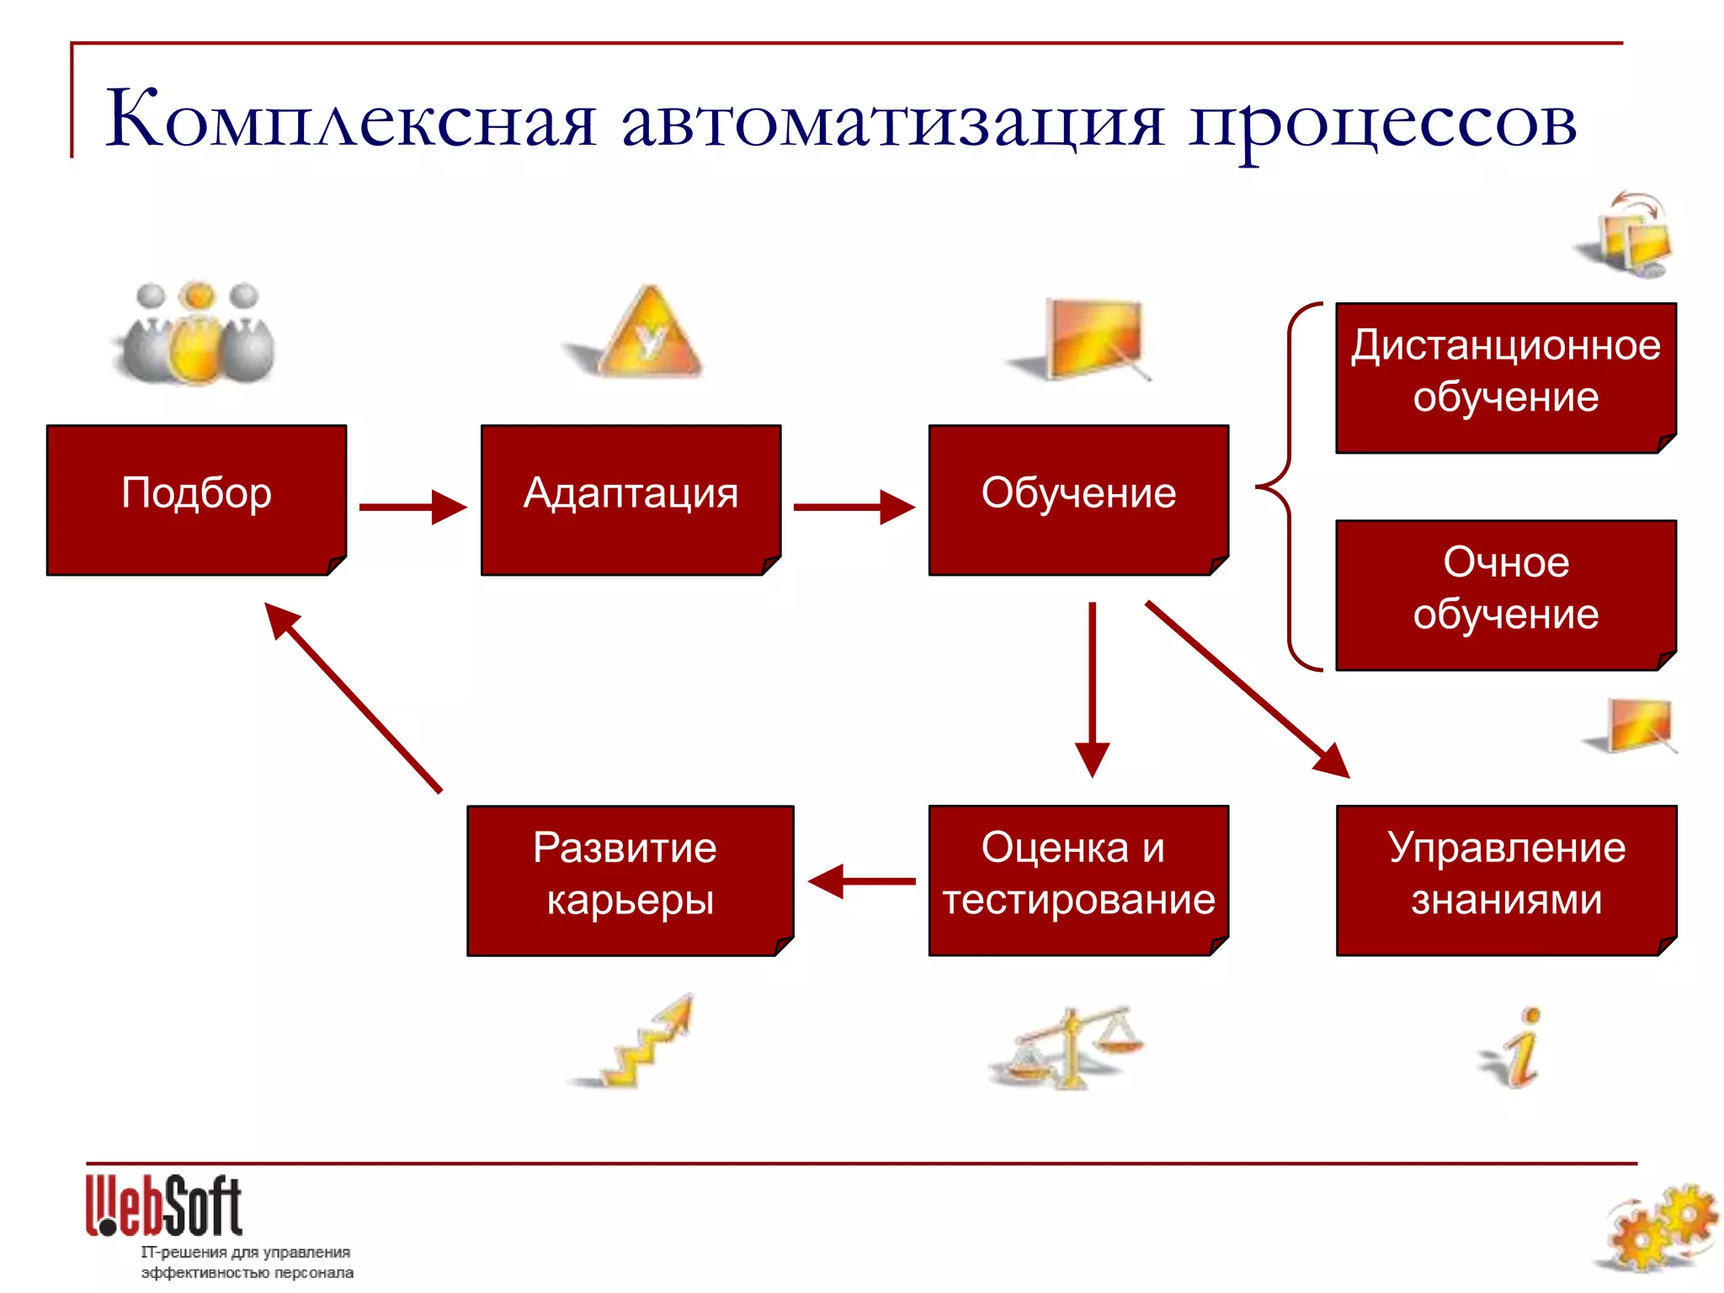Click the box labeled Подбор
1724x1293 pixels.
coord(196,499)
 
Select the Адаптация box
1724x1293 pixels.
coord(631,499)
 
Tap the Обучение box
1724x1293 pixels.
coord(1078,499)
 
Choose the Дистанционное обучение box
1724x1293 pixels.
coord(1506,377)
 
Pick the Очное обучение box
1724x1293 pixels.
coord(1506,594)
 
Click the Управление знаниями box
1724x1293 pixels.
coord(1506,880)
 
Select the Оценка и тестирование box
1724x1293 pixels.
coord(1078,880)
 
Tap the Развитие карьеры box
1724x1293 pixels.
coord(630,880)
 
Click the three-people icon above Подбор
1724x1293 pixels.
coord(197,333)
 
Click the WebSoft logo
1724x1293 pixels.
coord(164,1205)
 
